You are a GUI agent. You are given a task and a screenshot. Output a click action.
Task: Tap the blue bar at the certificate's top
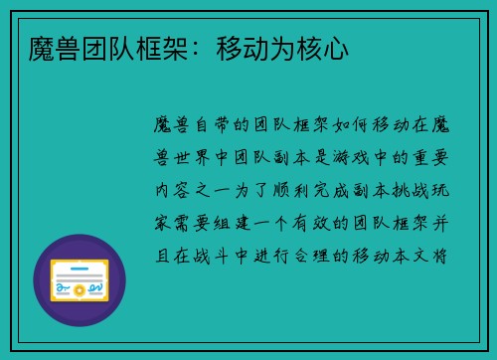point(80,262)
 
